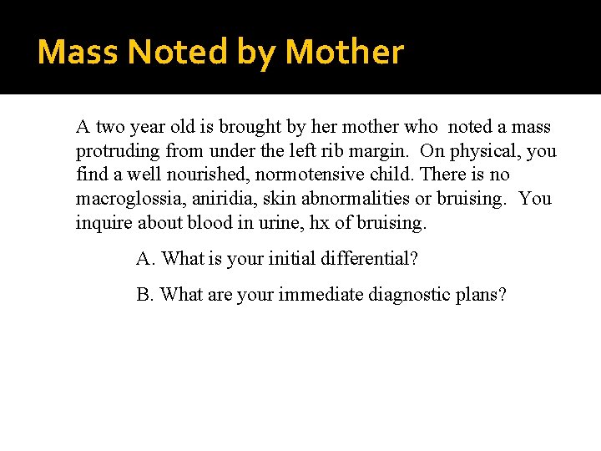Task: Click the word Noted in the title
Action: coord(179,53)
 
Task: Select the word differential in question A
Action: coord(361,258)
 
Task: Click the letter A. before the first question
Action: coord(146,258)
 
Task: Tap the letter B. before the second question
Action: coord(145,295)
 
